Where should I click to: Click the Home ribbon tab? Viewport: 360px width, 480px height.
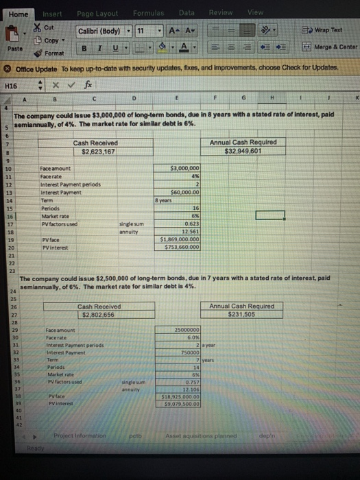[18, 13]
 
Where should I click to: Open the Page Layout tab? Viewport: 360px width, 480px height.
[97, 14]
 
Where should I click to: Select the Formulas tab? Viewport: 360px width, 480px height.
[148, 14]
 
